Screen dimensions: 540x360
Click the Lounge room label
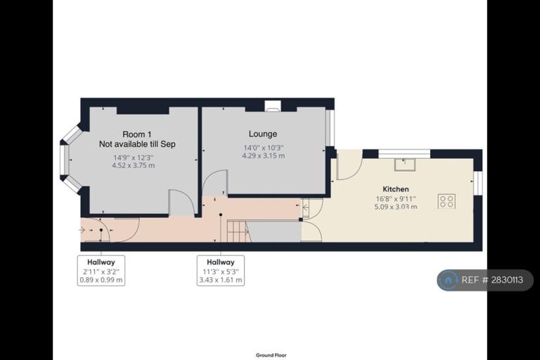[263, 134]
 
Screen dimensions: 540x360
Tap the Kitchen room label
[396, 188]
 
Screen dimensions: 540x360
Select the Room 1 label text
[136, 134]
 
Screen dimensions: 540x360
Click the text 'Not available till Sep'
[137, 144]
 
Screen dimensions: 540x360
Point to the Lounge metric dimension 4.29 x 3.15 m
[264, 155]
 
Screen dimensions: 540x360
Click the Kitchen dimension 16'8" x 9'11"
[396, 199]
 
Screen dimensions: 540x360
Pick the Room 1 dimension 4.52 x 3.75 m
[134, 165]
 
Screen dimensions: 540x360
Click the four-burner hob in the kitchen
[446, 201]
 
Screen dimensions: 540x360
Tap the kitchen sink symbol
[405, 165]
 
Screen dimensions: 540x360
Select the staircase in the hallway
[238, 231]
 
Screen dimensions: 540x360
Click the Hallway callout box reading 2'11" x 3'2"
[101, 271]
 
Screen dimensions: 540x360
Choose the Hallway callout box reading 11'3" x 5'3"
[221, 271]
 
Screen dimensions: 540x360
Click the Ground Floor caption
[271, 355]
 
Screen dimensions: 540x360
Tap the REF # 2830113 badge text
[492, 280]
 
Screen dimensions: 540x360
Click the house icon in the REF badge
[448, 280]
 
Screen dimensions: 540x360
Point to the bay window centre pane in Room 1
[64, 160]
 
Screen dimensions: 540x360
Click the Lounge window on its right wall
[330, 127]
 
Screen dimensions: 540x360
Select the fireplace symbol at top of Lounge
[273, 105]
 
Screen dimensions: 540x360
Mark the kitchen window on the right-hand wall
[477, 183]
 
